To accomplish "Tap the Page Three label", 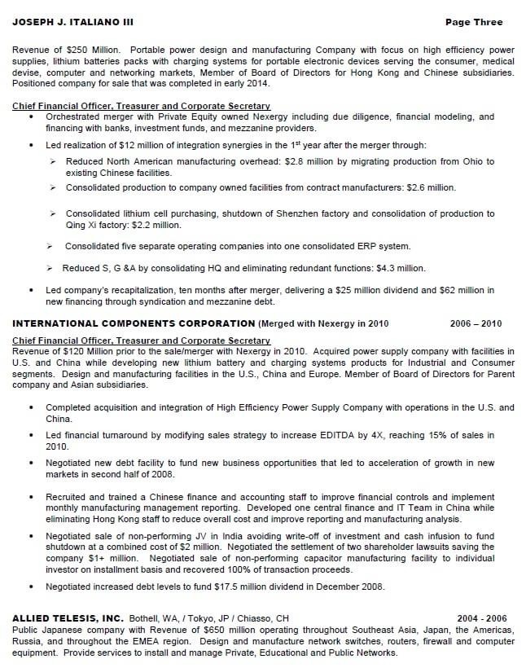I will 474,22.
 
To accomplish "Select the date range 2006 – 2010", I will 476,323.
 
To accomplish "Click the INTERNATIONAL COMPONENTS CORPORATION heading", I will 134,323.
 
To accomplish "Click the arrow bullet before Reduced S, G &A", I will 51,268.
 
